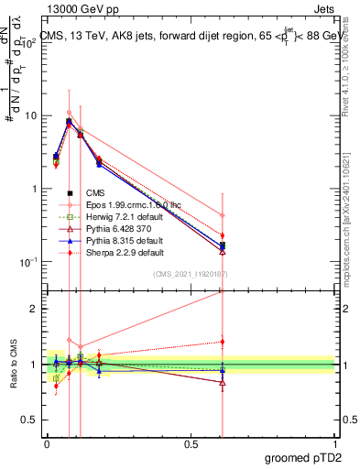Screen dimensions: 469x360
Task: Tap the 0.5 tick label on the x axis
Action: [191, 443]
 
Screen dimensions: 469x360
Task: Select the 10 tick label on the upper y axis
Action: [30, 116]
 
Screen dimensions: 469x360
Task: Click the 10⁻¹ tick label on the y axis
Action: [27, 262]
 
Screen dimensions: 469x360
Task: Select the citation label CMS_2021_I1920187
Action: [191, 274]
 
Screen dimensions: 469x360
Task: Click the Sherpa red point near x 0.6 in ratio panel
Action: [223, 342]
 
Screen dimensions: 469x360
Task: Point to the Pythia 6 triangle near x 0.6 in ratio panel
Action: [223, 383]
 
